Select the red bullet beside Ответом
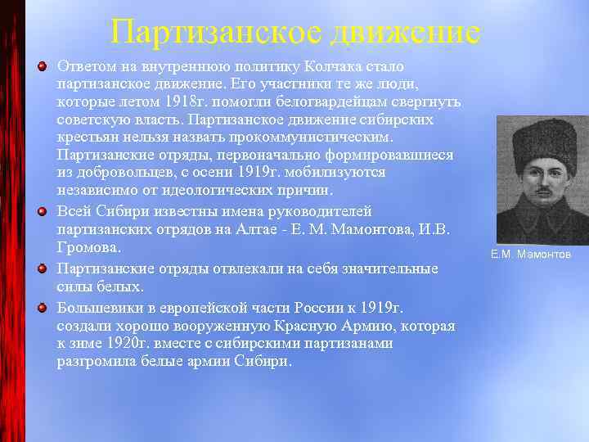42,65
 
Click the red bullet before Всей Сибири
42,209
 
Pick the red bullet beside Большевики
42,307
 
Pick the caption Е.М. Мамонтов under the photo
531,255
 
